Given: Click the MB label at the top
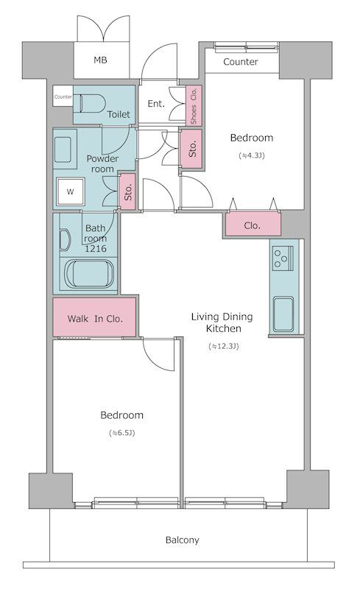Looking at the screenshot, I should click(x=99, y=60).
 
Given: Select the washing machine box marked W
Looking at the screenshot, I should click(x=71, y=192).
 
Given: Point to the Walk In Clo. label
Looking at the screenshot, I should click(x=93, y=319).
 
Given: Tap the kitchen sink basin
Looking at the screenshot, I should click(x=284, y=314).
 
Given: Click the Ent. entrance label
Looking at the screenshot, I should click(x=156, y=104).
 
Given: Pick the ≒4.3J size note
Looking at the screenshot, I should click(x=251, y=156).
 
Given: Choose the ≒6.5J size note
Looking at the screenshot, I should click(x=121, y=433).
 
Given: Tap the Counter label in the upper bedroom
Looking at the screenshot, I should click(x=240, y=62).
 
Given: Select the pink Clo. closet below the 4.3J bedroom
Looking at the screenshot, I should click(x=253, y=225).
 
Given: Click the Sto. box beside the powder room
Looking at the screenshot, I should click(x=127, y=192).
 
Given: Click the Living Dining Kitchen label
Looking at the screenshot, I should click(x=222, y=322).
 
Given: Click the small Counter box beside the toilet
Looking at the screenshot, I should click(x=63, y=97).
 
